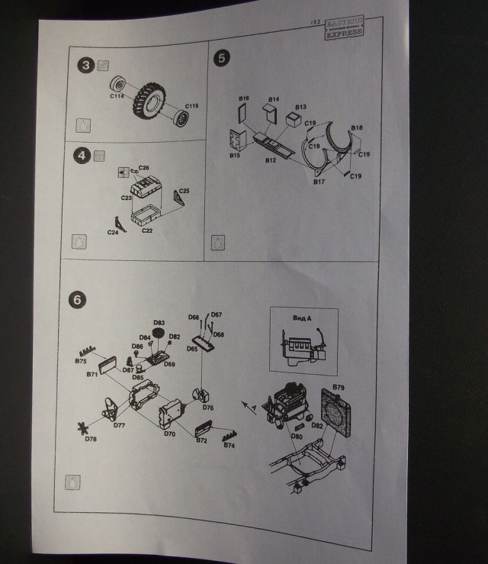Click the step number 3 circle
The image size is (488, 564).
point(87,66)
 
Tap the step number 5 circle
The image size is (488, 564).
point(221,57)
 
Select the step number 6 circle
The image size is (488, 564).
point(75,299)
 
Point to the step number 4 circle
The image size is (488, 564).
point(82,156)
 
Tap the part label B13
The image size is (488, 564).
point(300,107)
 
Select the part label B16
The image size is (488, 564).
point(244,99)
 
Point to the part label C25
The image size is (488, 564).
point(185,191)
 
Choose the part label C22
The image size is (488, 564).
point(148,230)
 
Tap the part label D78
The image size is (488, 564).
point(91,439)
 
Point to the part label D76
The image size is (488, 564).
point(208,408)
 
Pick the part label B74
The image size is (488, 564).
point(228,445)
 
